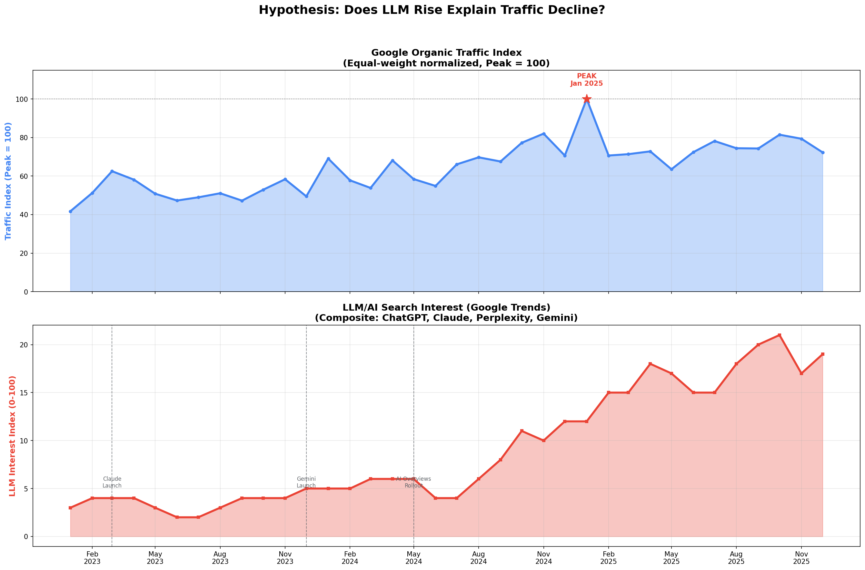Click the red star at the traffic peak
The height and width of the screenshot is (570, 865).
tap(586, 99)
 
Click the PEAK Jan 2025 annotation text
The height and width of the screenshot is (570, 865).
tap(586, 80)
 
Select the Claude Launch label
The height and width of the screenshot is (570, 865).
tap(112, 482)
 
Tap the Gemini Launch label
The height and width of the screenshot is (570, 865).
tap(306, 482)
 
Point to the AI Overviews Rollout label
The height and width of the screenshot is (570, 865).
tap(413, 482)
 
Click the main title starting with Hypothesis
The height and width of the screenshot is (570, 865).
tap(432, 10)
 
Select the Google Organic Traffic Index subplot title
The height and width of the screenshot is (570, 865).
tap(446, 58)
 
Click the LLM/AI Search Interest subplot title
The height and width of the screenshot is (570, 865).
tap(446, 313)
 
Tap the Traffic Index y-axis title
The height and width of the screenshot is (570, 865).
tap(8, 181)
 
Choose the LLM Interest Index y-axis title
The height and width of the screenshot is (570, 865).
tap(12, 436)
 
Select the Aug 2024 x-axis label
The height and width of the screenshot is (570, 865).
tap(478, 558)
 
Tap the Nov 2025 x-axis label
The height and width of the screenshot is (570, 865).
tap(801, 558)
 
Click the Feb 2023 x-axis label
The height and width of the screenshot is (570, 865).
tap(92, 558)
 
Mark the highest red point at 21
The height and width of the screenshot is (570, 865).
tap(780, 335)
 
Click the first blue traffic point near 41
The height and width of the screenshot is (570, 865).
tap(71, 211)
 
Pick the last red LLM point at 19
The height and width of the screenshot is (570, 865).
tap(823, 354)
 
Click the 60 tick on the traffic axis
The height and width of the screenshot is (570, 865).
tap(23, 176)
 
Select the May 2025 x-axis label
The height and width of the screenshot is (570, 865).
tap(671, 558)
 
